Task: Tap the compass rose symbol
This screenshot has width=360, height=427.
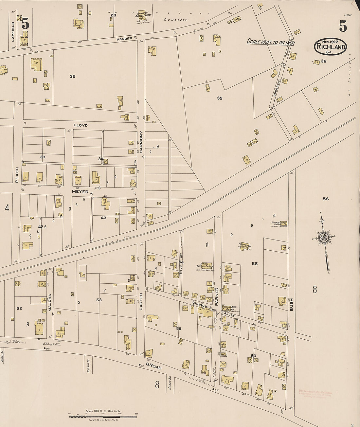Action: coord(324,238)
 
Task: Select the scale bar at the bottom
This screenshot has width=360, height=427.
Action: coord(103,417)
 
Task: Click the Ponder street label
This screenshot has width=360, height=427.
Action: coord(124,39)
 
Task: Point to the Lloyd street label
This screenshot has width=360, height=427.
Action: coord(81,125)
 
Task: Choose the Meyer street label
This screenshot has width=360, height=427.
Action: coord(80,192)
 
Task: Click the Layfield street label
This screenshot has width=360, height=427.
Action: coord(13,32)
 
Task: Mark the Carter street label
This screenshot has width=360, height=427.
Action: coord(141,301)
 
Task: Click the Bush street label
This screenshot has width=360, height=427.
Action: coord(291,304)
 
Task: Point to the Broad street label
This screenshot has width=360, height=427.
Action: coord(154,366)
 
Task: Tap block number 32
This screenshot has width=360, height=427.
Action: coord(72,76)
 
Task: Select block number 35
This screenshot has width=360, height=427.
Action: coord(220,98)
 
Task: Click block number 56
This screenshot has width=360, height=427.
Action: coord(326,199)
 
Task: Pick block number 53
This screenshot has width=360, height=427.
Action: coord(99,300)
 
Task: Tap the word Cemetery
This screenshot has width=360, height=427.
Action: coord(176,20)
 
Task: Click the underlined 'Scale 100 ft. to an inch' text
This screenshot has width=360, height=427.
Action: coord(271,43)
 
